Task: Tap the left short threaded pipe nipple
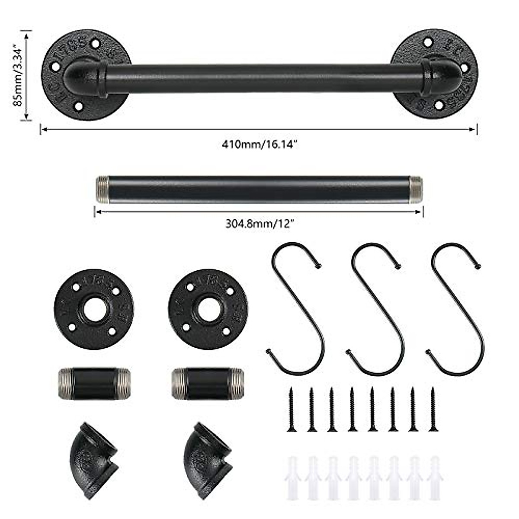pyautogui.click(x=93, y=383)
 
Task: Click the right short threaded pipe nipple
pyautogui.click(x=208, y=383)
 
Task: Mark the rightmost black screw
pyautogui.click(x=432, y=409)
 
